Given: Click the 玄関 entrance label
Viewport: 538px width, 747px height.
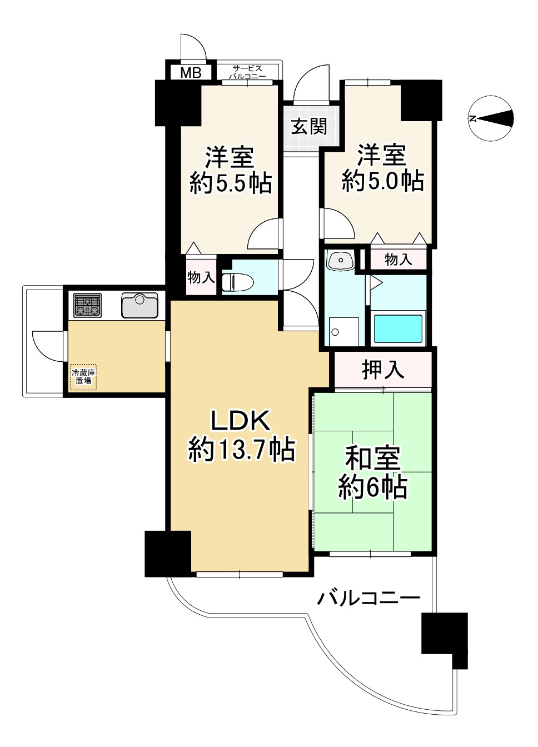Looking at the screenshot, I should pos(309,127).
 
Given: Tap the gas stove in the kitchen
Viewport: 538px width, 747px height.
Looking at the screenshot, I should pos(87,305).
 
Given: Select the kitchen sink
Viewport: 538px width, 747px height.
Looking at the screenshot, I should pos(140,305).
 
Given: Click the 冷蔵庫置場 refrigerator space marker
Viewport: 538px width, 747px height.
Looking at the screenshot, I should pos(83,376).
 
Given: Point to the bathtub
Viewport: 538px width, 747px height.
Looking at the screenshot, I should pos(398,328).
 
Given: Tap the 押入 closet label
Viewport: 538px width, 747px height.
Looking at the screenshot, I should pos(383,370).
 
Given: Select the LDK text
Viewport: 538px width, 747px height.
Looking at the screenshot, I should pos(240,421).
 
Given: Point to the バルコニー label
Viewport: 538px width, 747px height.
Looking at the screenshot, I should pos(368,598).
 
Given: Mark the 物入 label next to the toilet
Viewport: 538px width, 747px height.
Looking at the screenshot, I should pos(201,276).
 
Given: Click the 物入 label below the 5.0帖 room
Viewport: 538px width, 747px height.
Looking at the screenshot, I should pos(398,259).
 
